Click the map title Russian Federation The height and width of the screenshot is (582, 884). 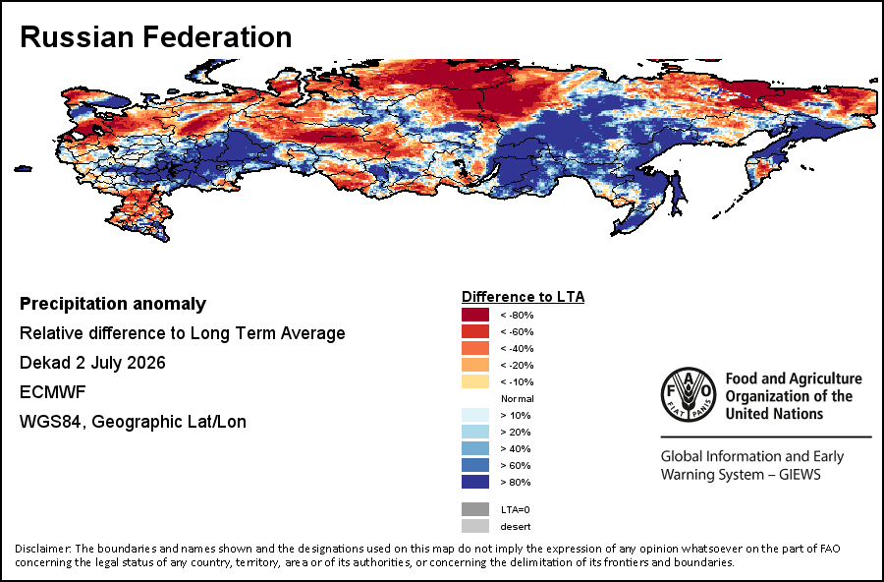[155, 36]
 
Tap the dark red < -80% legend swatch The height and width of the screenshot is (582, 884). [475, 315]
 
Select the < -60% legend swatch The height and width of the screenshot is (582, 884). [475, 331]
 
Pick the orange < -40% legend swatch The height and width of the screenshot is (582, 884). [475, 348]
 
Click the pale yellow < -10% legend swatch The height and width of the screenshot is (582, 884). [475, 381]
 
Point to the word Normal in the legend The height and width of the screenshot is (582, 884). [517, 398]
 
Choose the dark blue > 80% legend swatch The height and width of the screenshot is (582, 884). [475, 482]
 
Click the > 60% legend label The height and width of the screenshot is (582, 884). [516, 466]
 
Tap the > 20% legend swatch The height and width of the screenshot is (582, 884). [475, 432]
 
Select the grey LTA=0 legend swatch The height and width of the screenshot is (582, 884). [475, 509]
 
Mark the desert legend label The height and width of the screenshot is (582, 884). [516, 527]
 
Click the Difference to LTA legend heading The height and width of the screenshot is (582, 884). [523, 297]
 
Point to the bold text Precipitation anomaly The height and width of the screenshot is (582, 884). [113, 304]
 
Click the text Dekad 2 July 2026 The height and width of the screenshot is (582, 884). [92, 363]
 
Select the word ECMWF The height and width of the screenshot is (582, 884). [52, 391]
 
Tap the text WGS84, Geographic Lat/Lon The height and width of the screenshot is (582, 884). [133, 422]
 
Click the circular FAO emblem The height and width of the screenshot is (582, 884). [689, 394]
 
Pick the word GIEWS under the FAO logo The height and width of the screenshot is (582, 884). [800, 474]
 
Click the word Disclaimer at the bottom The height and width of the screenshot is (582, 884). [42, 549]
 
